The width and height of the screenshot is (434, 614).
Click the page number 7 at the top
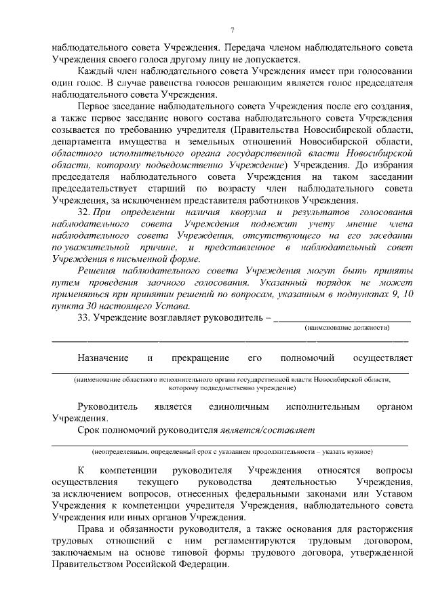click(x=232, y=30)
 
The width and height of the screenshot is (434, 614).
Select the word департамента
click(x=78, y=142)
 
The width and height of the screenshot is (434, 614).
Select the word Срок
click(x=90, y=430)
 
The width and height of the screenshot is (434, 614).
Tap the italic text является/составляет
click(x=269, y=430)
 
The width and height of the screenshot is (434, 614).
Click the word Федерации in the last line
click(x=201, y=565)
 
